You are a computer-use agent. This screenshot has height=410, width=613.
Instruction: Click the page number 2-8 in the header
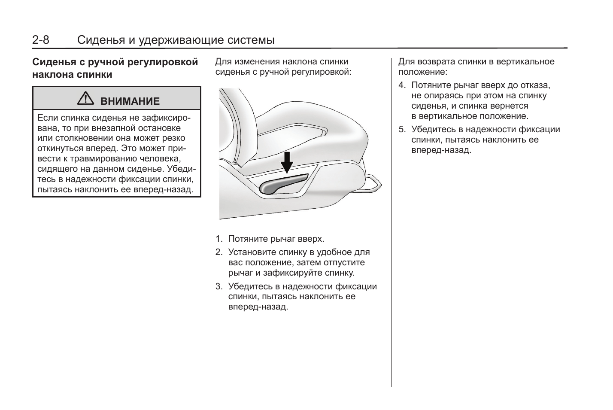pos(41,40)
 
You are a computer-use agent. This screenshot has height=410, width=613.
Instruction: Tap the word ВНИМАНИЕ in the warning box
pos(130,101)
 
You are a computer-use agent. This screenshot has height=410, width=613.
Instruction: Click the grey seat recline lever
pos(283,184)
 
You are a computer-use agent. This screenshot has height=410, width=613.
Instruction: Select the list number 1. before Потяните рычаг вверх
pos(219,239)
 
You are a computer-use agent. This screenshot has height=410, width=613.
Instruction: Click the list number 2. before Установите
pos(219,252)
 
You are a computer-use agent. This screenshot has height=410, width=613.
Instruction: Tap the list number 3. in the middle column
pos(219,287)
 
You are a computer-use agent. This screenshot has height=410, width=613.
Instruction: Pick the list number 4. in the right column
pos(402,85)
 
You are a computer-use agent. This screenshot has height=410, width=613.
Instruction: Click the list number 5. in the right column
pos(402,130)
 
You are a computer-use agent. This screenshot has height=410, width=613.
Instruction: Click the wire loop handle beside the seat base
pos(373,182)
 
